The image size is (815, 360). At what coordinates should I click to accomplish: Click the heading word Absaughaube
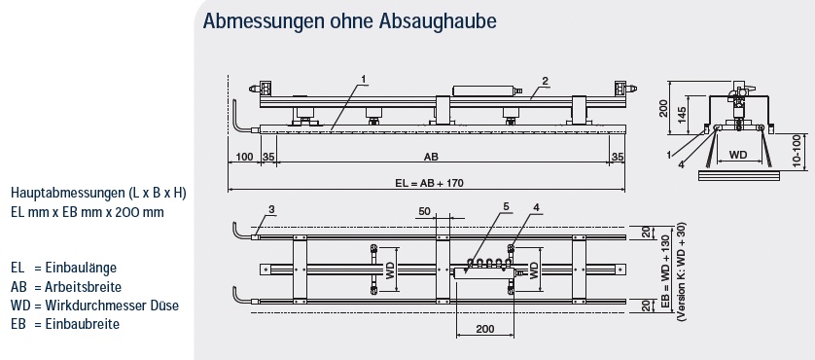tap(437, 21)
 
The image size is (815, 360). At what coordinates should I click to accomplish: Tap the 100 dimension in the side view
tap(244, 157)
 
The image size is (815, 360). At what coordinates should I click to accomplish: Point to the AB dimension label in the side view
tap(431, 157)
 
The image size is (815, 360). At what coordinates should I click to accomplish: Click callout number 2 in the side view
tap(545, 81)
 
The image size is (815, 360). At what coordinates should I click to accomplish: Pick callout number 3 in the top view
tap(272, 209)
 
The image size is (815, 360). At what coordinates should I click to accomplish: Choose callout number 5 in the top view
tap(506, 207)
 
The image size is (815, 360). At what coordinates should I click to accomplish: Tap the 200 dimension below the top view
tap(485, 329)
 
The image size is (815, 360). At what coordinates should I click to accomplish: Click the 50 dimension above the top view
tap(425, 211)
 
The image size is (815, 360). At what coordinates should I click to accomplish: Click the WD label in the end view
tap(738, 155)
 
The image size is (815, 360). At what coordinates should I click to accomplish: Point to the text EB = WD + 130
tap(667, 271)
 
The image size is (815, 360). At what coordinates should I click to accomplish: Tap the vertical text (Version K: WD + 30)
tap(682, 271)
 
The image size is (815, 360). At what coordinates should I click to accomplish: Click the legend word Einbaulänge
tap(81, 268)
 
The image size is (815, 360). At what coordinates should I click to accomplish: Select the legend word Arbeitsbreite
tap(83, 287)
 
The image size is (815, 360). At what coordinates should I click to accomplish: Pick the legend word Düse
tap(165, 306)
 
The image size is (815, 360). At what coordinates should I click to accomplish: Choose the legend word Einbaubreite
tap(82, 324)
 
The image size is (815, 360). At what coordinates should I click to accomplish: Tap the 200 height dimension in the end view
tap(662, 108)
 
